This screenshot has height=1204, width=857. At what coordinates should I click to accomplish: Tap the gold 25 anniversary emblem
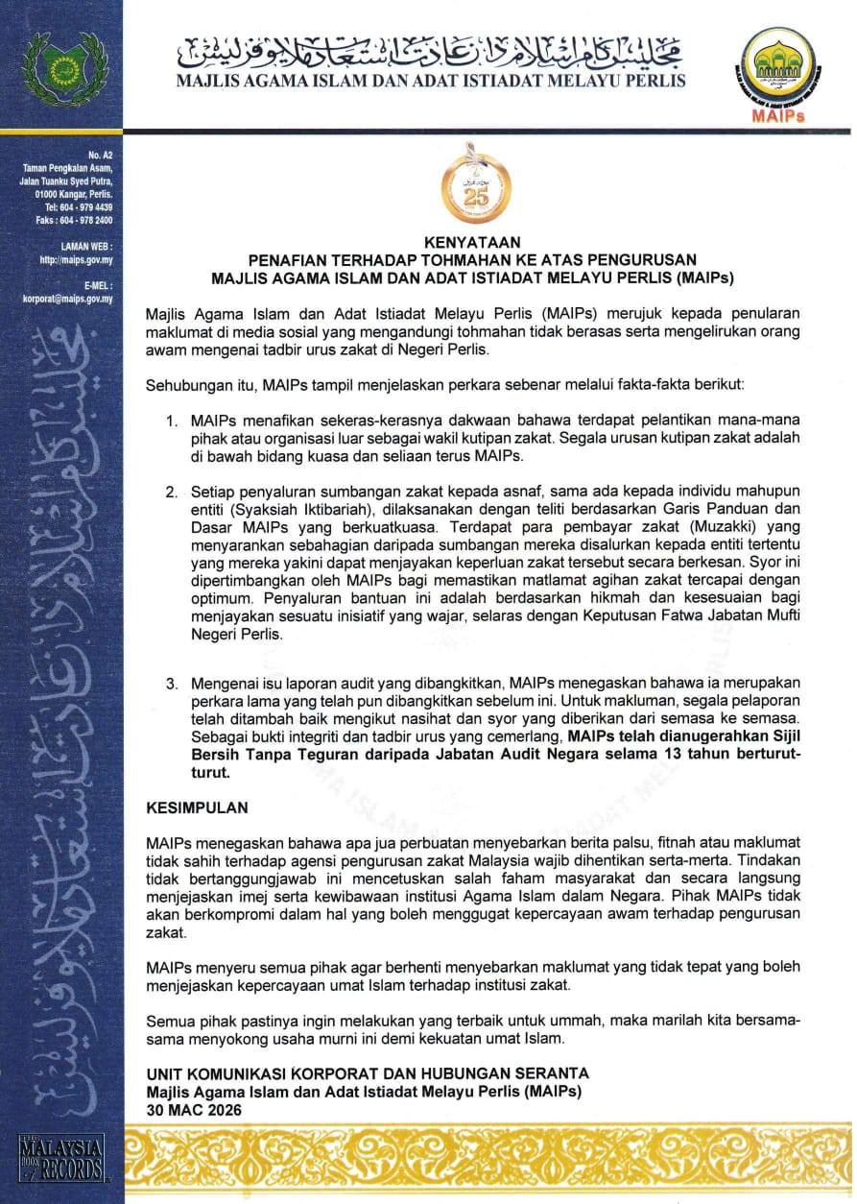[469, 187]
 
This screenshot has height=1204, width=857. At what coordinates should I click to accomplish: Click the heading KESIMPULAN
[197, 808]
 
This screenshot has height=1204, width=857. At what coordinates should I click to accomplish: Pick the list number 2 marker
[170, 493]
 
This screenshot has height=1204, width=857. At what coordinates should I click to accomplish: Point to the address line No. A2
[100, 154]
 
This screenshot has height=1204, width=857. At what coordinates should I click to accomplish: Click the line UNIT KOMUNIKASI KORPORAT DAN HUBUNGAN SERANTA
[368, 1072]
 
